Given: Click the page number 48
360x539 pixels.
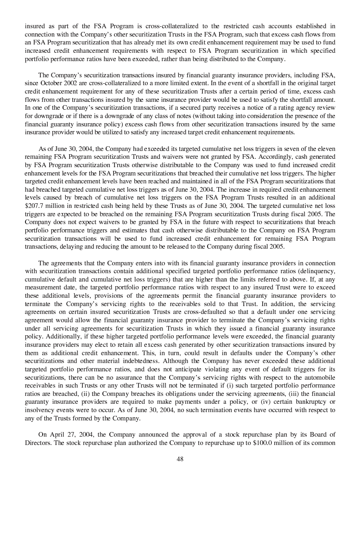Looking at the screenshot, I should click(180, 459).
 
